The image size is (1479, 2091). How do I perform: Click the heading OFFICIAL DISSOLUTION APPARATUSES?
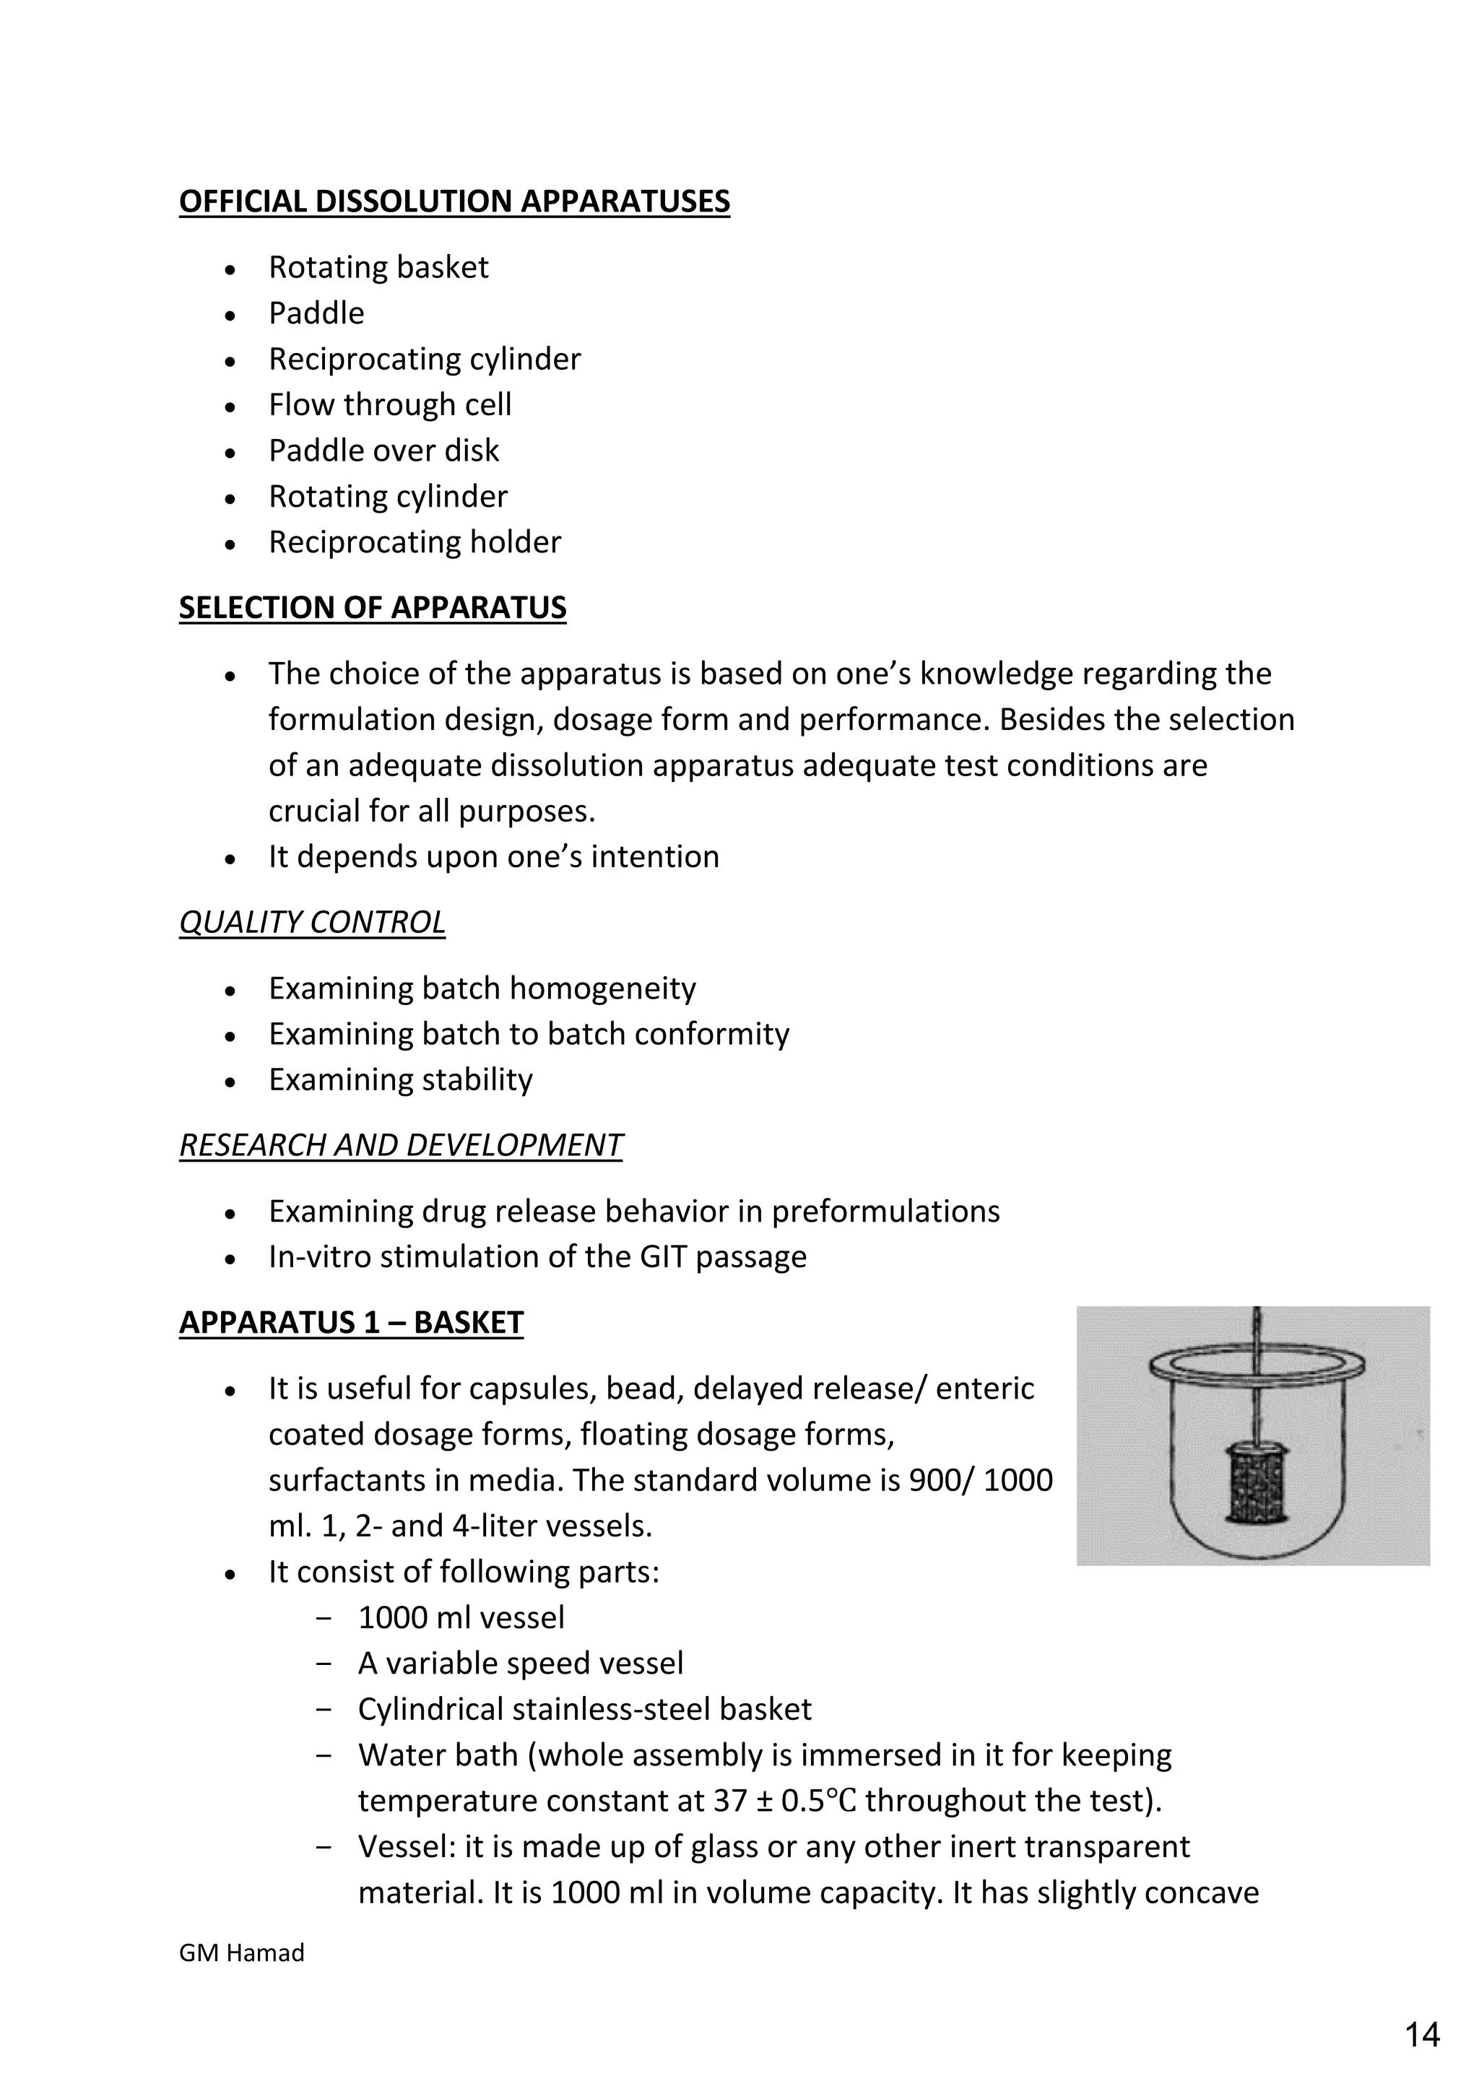(x=454, y=201)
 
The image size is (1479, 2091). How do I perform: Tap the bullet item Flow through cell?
(x=390, y=404)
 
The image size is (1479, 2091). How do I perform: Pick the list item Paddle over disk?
(x=383, y=450)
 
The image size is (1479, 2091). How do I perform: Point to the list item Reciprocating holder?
(x=415, y=542)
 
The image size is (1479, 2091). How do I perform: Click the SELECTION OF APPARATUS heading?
(x=373, y=607)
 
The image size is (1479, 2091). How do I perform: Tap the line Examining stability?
(x=400, y=1079)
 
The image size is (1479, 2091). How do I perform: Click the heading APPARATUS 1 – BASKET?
(x=351, y=1322)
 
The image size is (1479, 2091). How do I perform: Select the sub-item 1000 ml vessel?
(x=461, y=1617)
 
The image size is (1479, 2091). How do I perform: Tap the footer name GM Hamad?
(x=241, y=1952)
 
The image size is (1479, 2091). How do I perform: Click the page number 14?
(x=1422, y=2035)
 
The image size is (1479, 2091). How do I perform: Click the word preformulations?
(x=885, y=1212)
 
